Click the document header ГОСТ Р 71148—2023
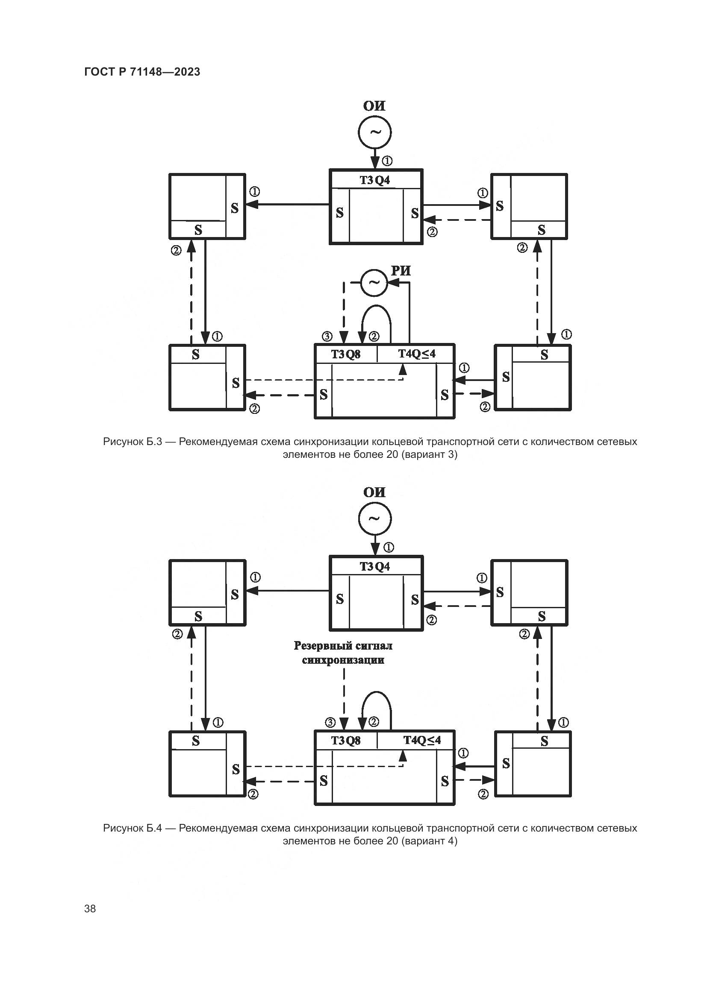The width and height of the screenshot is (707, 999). point(142,72)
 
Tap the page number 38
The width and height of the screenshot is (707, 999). point(90,908)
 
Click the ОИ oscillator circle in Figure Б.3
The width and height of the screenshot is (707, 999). point(374,132)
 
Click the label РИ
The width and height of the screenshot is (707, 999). point(401,271)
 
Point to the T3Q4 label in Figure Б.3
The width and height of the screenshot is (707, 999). point(375,180)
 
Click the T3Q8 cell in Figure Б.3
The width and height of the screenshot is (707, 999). point(346,354)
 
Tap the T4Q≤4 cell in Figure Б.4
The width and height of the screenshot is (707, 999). point(422,740)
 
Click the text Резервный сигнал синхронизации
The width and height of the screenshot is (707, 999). point(343,653)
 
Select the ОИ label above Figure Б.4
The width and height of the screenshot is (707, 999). point(374,492)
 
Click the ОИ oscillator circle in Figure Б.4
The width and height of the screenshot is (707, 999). point(374,518)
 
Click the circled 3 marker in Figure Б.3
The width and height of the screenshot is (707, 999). point(327,336)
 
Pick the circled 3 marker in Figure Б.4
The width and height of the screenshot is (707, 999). point(330,723)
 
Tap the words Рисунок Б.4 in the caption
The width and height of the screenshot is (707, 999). point(133,828)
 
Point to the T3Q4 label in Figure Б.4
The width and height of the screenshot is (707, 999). point(375,566)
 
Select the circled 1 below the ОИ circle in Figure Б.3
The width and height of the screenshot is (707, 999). point(387,161)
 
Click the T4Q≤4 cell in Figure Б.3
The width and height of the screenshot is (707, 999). point(417,354)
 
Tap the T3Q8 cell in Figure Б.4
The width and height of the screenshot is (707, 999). point(346,740)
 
